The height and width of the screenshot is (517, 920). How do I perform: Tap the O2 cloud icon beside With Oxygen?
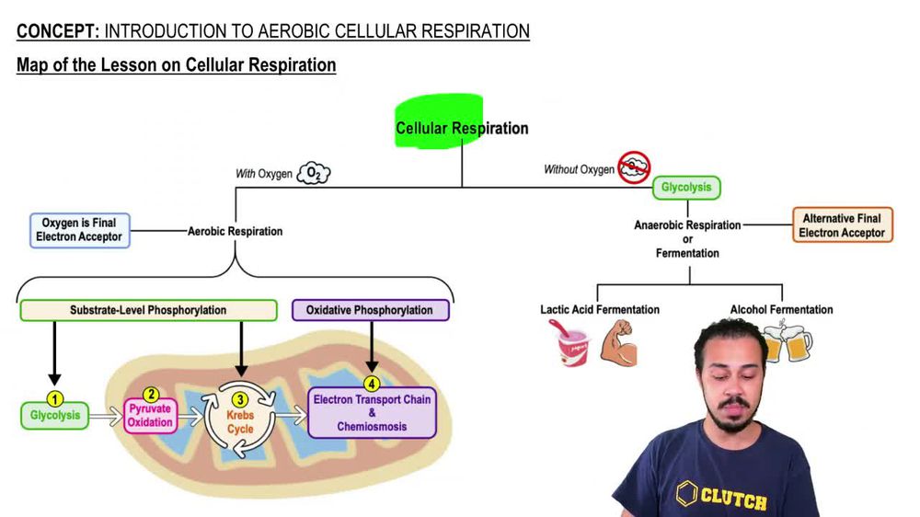tap(314, 173)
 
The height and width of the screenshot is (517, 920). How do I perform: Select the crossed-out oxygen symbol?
tap(634, 167)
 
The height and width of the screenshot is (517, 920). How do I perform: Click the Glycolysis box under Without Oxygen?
tap(686, 188)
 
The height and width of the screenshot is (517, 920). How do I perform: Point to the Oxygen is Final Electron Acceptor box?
tap(78, 230)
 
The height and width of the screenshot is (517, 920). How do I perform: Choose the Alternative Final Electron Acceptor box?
tap(842, 225)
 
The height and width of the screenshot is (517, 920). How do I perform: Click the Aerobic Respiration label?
tap(236, 231)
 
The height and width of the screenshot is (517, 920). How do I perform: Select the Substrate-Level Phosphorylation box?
tap(148, 310)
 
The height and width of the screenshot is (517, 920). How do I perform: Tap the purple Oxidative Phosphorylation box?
tap(370, 310)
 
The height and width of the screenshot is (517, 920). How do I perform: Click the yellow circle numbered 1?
tap(54, 399)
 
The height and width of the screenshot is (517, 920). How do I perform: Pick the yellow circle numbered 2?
tap(152, 396)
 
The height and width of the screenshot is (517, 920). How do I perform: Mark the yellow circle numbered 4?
tap(372, 384)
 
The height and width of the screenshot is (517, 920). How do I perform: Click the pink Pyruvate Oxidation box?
tap(149, 417)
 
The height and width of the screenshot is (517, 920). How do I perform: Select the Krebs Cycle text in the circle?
tap(240, 422)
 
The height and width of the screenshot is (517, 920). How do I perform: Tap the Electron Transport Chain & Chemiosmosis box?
tap(372, 413)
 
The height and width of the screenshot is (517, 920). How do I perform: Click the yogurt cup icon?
tap(573, 347)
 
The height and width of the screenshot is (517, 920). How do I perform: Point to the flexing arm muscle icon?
tap(616, 345)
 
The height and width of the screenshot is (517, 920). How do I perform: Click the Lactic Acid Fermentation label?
tap(599, 310)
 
